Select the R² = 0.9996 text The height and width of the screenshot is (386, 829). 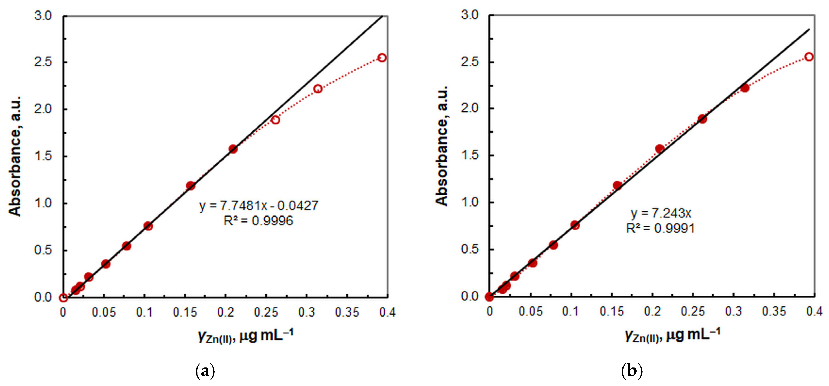coord(258,221)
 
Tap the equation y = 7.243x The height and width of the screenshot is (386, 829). coord(661,213)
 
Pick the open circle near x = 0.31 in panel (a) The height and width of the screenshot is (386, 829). coord(318,89)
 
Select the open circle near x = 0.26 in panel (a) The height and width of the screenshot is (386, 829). coord(275,120)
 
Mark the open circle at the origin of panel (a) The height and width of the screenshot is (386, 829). coord(63,298)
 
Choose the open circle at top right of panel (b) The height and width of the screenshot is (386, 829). coord(809,57)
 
